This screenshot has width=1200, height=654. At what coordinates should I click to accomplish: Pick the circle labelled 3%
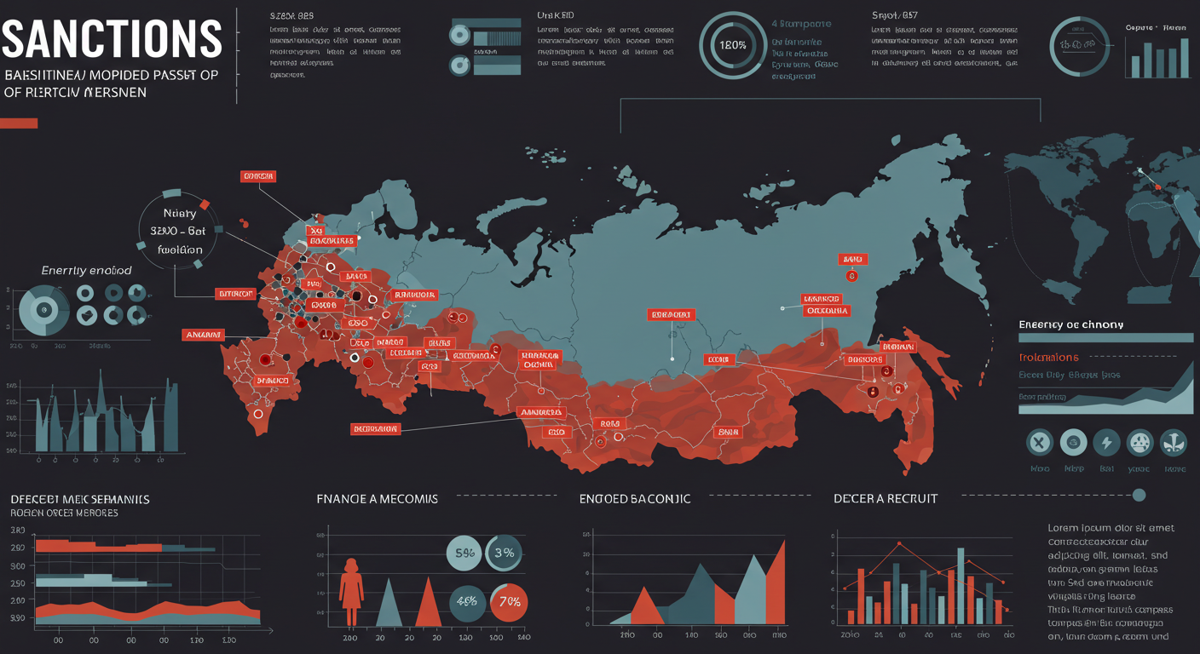[505, 554]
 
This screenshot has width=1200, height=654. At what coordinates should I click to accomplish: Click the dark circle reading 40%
[468, 601]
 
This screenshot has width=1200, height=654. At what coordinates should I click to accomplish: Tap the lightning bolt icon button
[1106, 443]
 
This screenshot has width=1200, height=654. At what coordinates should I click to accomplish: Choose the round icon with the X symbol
[1040, 443]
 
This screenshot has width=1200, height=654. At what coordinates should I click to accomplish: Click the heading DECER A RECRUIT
[886, 498]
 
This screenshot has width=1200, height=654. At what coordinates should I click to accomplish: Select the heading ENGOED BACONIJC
[635, 498]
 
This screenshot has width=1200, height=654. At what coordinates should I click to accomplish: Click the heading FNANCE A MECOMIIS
[377, 498]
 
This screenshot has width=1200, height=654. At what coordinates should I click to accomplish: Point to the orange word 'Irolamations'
[1048, 358]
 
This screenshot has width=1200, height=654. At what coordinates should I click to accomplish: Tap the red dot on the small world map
[1158, 186]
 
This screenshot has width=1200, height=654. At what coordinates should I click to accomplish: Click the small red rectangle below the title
[19, 123]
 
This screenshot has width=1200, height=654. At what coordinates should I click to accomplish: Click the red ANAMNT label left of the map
[203, 335]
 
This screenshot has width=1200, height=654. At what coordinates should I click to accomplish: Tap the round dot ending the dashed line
[1139, 495]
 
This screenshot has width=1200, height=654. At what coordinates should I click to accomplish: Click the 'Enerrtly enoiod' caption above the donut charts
[86, 270]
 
